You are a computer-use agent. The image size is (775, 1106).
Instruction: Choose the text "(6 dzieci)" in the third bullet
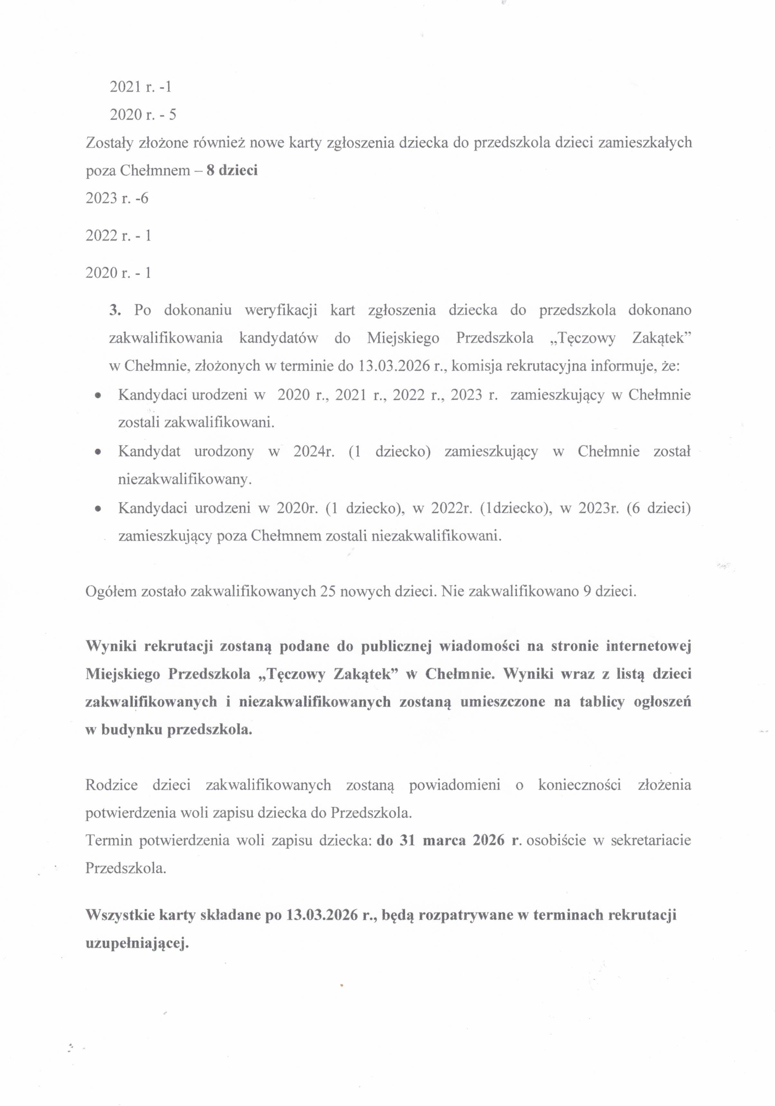pyautogui.click(x=659, y=508)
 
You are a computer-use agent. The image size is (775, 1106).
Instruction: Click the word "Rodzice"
pyautogui.click(x=111, y=785)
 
